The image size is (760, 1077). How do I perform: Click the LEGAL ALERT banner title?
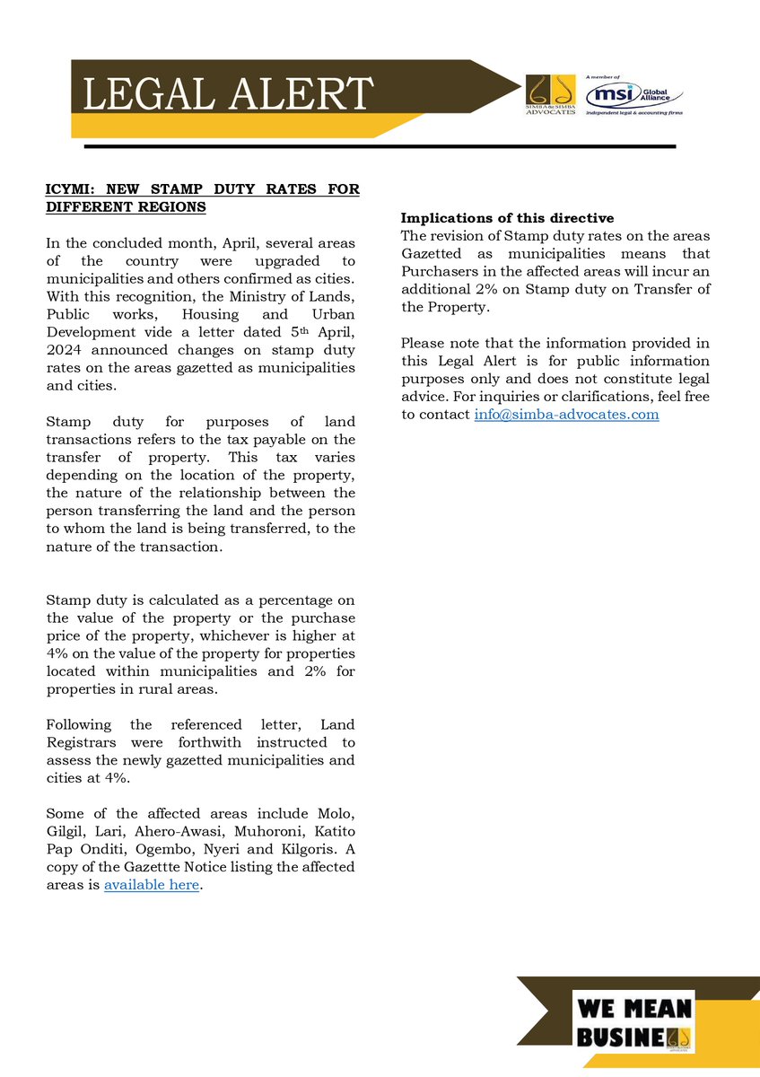[x=228, y=93]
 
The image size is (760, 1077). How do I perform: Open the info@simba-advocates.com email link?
[x=566, y=414]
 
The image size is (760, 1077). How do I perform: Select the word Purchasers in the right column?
[x=444, y=270]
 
